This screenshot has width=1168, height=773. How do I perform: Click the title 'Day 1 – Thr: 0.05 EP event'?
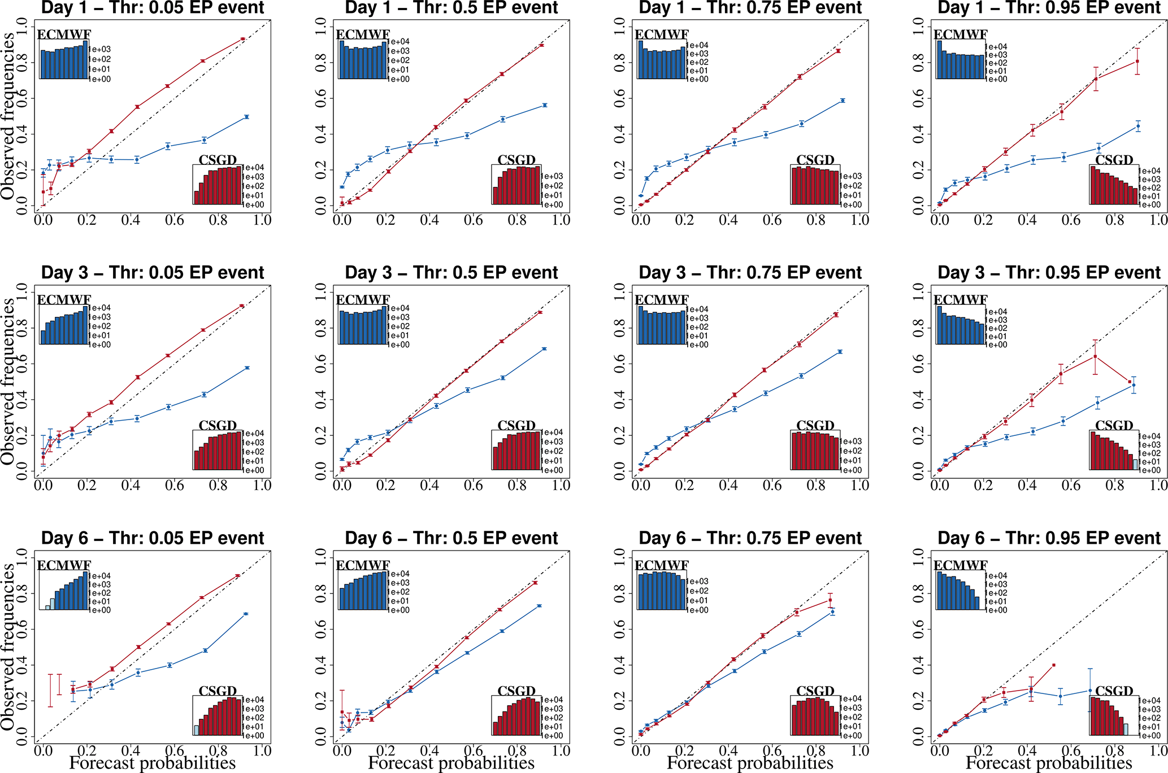tap(153, 8)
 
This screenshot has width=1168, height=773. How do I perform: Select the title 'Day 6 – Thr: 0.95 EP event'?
tap(1049, 538)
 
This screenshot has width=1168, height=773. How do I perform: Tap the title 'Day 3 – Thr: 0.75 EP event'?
tap(750, 273)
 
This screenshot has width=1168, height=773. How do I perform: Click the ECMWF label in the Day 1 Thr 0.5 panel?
tap(363, 35)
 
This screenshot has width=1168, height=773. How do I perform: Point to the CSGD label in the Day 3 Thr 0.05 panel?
tap(218, 426)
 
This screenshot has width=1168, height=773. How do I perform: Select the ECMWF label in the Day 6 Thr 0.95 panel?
tap(961, 566)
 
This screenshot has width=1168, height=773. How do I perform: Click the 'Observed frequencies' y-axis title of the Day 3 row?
tap(8, 382)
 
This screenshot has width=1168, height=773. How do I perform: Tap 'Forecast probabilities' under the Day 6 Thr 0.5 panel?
tap(451, 763)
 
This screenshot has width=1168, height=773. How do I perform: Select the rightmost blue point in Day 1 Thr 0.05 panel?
tap(246, 117)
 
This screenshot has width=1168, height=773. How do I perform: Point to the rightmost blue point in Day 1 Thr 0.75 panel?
tap(843, 101)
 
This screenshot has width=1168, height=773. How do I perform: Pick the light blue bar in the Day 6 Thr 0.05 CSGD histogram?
tap(197, 730)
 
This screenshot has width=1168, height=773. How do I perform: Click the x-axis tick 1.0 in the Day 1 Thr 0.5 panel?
tap(561, 220)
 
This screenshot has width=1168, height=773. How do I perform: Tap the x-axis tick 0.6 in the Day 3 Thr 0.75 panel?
tap(772, 485)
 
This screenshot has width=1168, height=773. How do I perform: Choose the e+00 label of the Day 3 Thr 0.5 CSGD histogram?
tap(554, 470)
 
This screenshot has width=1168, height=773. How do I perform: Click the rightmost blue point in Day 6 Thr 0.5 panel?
tap(540, 606)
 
